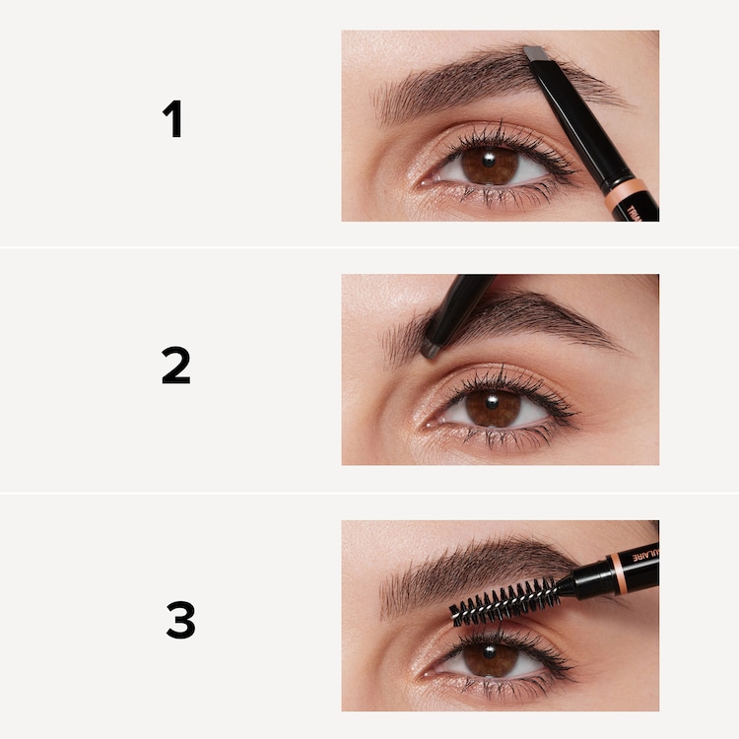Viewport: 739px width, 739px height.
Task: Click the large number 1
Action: tap(173, 119)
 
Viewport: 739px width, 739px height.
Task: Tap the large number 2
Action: tap(175, 366)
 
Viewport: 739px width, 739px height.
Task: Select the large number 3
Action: tap(179, 621)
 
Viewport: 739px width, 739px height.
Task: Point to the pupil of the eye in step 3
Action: tap(491, 657)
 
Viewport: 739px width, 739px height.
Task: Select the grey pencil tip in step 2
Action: tap(431, 348)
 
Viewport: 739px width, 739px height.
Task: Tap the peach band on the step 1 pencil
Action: tap(626, 189)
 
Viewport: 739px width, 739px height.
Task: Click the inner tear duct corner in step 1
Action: tap(423, 181)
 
